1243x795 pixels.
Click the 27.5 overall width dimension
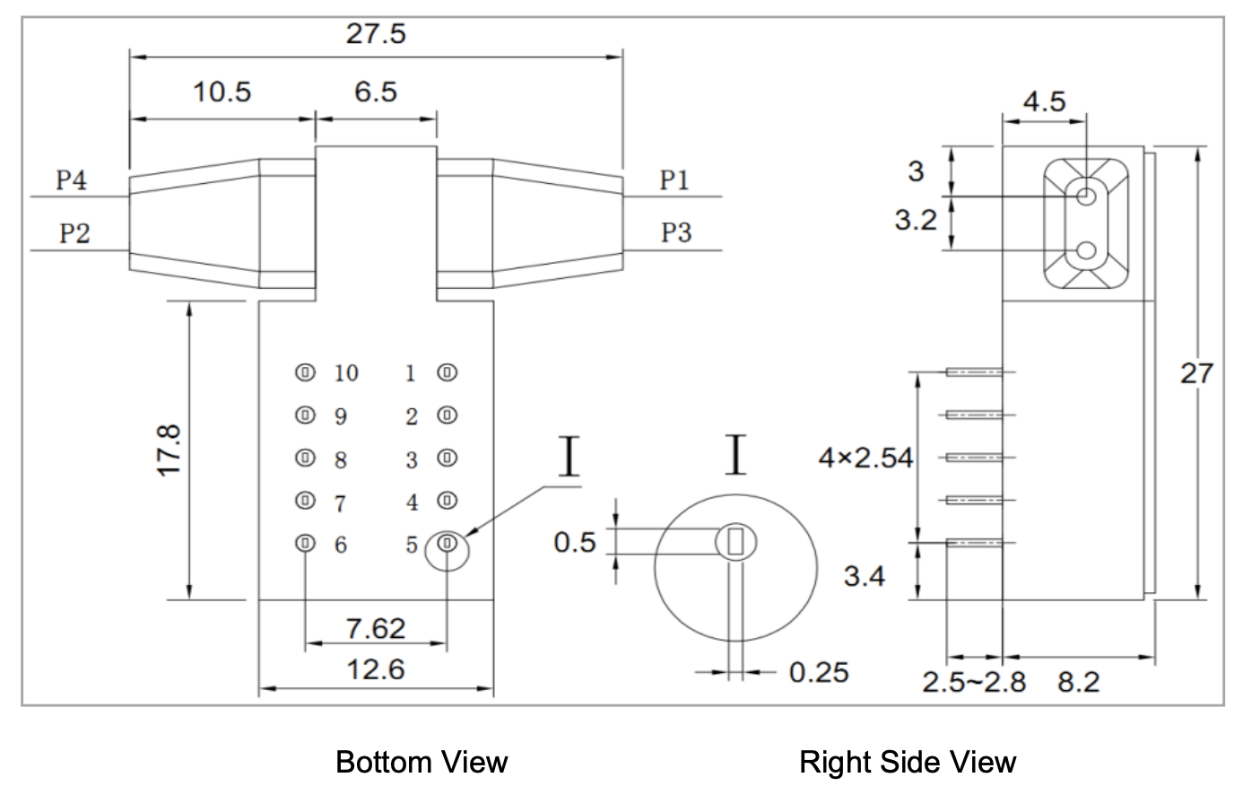coord(376,34)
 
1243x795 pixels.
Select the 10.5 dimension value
coord(222,92)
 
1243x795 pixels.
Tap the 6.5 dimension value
coord(376,92)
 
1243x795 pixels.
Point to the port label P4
coord(72,180)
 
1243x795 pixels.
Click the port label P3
coord(676,233)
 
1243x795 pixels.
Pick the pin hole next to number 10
coord(306,371)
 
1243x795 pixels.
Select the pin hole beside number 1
coord(447,371)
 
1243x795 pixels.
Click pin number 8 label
coord(341,460)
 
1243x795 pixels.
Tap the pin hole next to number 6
coord(306,543)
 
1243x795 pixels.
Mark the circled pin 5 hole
coord(447,544)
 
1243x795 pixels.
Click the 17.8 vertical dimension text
coord(170,450)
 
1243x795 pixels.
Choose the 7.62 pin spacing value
coord(376,628)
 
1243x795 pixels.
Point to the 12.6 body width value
coord(376,669)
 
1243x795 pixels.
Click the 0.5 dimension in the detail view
coord(575,542)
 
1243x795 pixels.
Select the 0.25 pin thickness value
coord(818,672)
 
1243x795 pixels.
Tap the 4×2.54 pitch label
coord(865,459)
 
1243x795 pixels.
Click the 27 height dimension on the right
coord(1195,373)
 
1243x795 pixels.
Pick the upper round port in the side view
coord(1086,195)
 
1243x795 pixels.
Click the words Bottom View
coord(422,763)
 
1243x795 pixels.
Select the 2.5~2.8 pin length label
coord(974,683)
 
